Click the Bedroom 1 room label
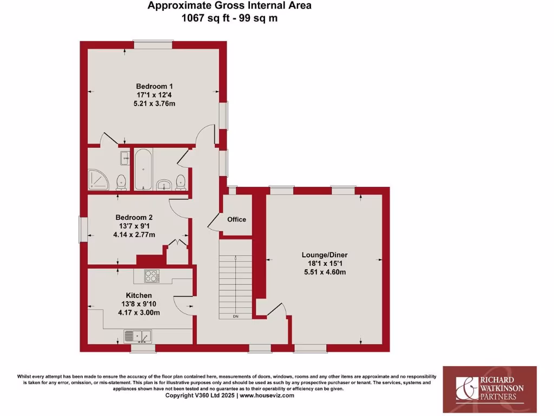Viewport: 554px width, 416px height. (154, 86)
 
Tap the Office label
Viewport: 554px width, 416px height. (236, 219)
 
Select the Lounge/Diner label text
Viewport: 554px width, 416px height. (325, 255)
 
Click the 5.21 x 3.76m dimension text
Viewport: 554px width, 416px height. (154, 103)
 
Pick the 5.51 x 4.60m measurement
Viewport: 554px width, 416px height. (325, 272)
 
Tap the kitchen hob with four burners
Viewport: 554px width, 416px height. (151, 276)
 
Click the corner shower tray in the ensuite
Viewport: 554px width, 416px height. (97, 180)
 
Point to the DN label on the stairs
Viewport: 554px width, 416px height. (235, 316)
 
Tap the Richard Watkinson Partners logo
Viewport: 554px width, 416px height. (490, 385)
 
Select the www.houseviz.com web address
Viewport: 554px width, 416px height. (267, 395)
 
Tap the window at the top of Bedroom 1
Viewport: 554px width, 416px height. (154, 44)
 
